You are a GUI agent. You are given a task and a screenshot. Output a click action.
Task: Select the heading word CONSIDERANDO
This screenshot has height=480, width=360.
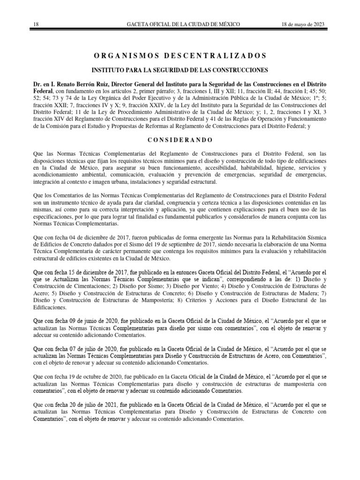(x=180, y=140)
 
